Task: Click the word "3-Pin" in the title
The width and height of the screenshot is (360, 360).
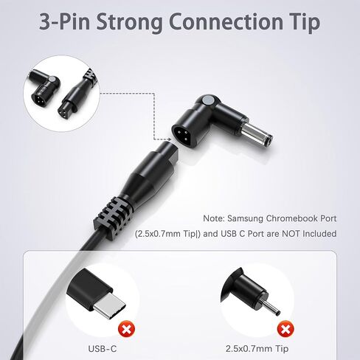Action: point(64,21)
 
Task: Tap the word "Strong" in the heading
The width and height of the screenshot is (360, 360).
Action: point(129,23)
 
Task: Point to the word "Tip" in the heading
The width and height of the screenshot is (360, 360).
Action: point(305,23)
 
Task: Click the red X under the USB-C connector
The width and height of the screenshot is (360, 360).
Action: point(127,329)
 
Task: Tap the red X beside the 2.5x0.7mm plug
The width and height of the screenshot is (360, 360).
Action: point(285,329)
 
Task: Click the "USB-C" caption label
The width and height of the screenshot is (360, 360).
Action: point(103,349)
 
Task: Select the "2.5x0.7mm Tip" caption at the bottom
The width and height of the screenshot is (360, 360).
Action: point(257,349)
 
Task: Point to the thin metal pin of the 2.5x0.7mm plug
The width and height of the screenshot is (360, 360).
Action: point(271,308)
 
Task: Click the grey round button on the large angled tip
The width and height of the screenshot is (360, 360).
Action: point(208,100)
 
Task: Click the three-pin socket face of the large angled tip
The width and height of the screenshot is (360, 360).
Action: point(184,134)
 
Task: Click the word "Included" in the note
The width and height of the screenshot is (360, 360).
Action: point(319,234)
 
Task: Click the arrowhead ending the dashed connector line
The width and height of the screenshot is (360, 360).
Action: point(169,139)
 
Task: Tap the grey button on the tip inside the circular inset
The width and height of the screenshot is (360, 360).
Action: point(52,80)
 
